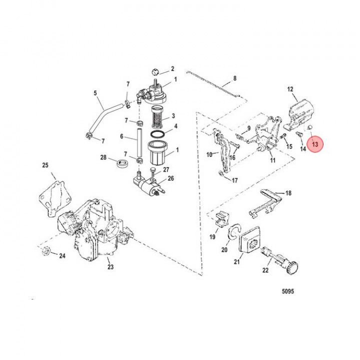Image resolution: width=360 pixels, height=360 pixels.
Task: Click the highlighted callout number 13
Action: tap(315, 143)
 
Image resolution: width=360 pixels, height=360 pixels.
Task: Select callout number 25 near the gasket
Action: tap(45, 165)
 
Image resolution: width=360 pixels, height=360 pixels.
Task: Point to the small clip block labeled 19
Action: tap(221, 218)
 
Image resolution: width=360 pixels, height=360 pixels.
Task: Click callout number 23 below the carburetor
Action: tap(110, 266)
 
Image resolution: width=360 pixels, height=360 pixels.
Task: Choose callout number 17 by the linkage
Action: tap(234, 180)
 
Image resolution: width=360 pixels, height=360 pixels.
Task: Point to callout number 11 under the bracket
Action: tap(272, 160)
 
